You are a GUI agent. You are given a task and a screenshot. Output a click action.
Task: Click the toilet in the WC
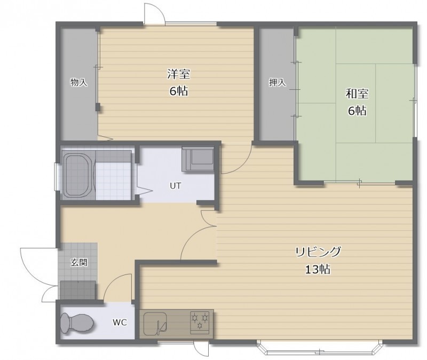(x=77, y=323)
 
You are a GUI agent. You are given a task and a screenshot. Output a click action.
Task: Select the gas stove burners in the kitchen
(x=200, y=323)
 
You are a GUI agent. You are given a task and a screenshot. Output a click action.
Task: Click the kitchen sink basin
(x=155, y=324)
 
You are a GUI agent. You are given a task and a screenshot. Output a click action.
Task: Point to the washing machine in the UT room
(x=198, y=159)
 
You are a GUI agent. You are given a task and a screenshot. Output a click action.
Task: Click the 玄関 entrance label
(x=79, y=263)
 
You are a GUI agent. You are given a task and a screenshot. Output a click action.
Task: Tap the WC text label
(x=120, y=323)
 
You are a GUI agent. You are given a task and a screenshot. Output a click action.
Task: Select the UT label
(x=176, y=186)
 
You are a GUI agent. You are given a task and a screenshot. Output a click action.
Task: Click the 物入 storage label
(x=79, y=82)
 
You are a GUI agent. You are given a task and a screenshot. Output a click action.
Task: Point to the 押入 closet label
(x=278, y=82)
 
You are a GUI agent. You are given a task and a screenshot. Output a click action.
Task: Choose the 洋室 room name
(x=179, y=74)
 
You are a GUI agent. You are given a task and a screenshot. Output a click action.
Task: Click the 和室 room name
(x=357, y=94)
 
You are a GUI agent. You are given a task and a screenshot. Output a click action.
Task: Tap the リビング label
(x=318, y=252)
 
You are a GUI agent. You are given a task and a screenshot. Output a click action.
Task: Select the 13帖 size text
(x=318, y=270)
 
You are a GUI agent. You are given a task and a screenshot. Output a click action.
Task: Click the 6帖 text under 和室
(x=357, y=111)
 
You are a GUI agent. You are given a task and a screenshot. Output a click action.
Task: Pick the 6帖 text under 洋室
(x=179, y=91)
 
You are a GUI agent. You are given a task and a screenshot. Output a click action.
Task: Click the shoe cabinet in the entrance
(x=78, y=290)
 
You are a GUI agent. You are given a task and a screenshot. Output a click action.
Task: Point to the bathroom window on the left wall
(x=57, y=177)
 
